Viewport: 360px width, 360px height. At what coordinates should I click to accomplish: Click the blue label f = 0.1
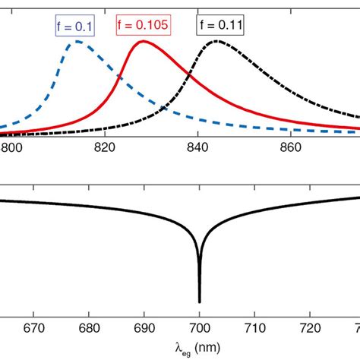tap(74, 26)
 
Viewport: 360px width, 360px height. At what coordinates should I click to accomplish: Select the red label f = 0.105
tap(144, 26)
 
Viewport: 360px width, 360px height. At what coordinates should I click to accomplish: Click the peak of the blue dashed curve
tap(77, 42)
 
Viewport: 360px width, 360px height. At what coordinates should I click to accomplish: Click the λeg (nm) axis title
tap(200, 346)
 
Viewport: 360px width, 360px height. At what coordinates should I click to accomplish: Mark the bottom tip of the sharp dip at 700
tap(200, 302)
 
